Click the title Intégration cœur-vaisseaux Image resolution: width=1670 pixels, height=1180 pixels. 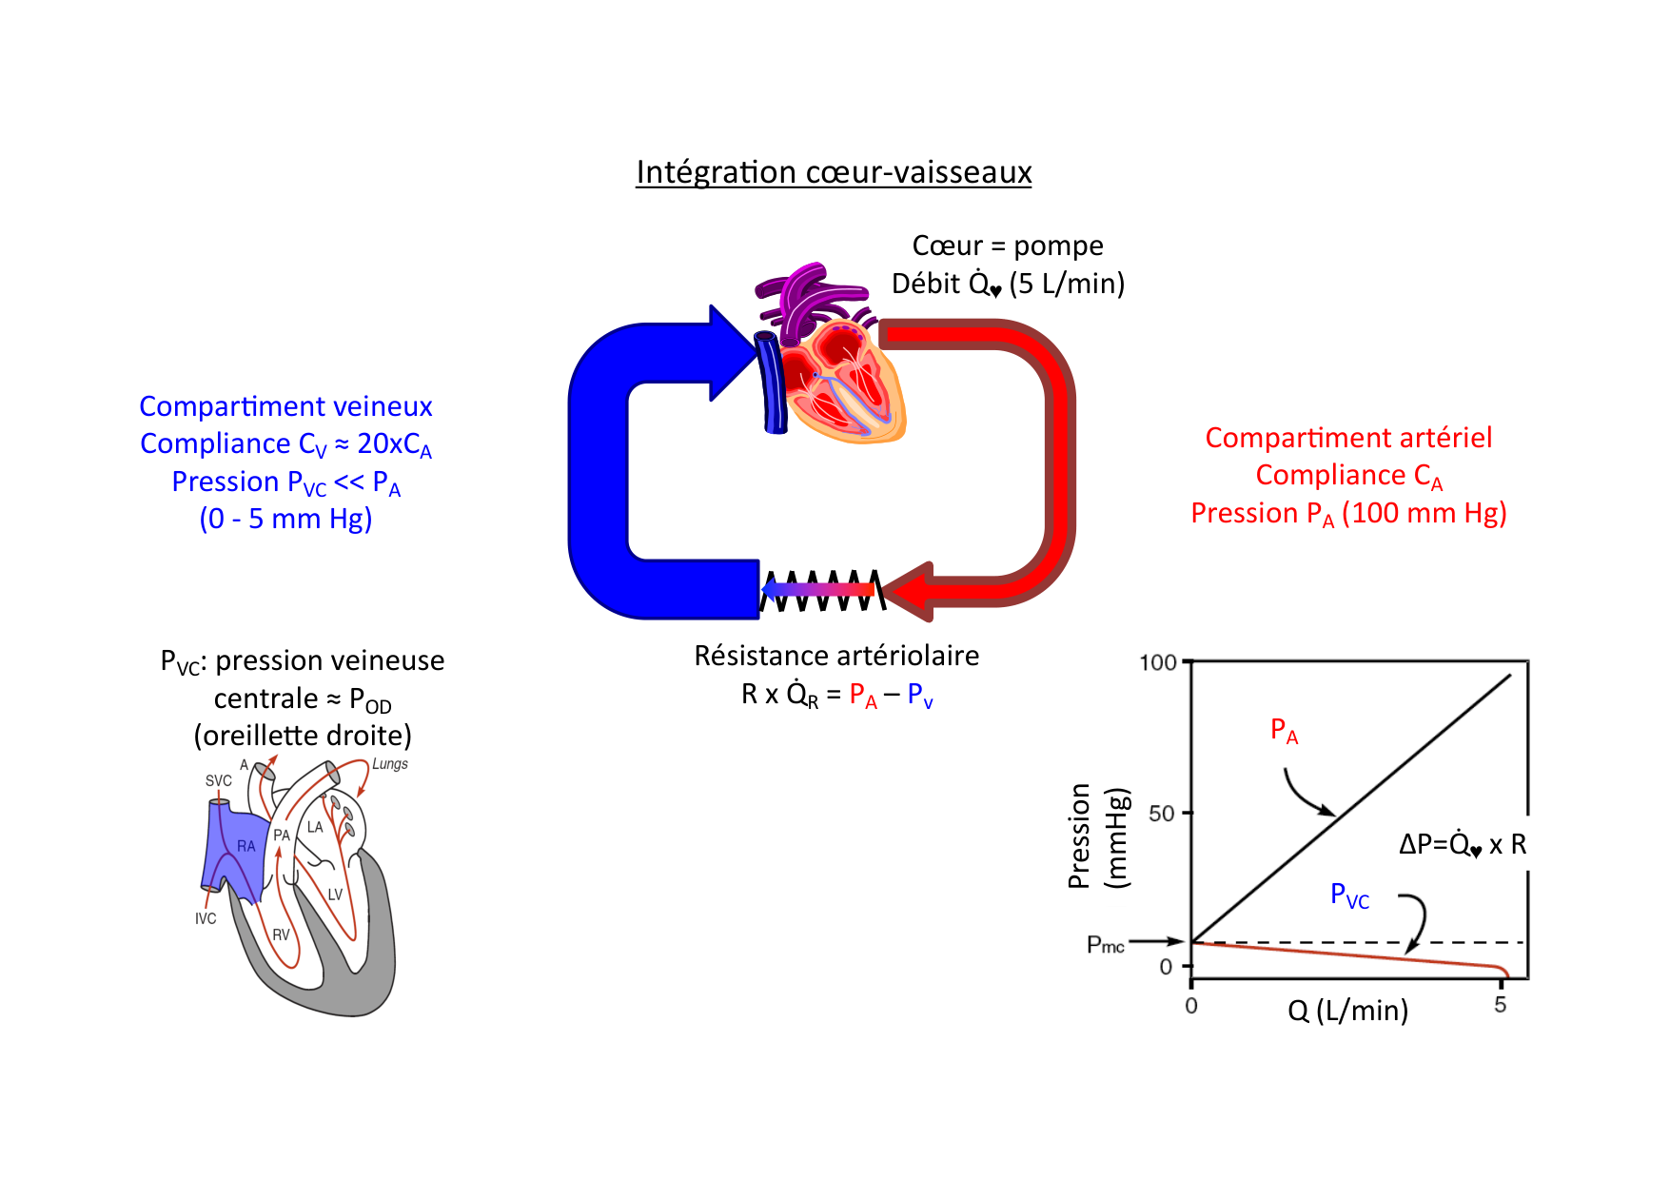coord(834,172)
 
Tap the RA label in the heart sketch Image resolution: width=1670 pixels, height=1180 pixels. coord(246,846)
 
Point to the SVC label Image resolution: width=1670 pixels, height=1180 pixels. coord(218,780)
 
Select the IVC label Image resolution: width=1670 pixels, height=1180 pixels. coord(206,918)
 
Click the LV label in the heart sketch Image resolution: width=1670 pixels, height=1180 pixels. coord(335,895)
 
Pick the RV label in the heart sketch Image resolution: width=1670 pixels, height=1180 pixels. coord(281,934)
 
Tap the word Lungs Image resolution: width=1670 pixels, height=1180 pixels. coord(389,764)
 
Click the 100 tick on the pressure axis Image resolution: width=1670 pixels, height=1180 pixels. coord(1158,662)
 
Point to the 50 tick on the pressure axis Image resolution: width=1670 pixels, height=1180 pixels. coord(1162,814)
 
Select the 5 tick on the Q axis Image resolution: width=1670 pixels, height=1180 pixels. coord(1501,1005)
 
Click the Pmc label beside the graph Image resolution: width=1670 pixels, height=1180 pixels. coord(1106,945)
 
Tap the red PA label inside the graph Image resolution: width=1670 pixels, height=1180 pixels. coord(1284,731)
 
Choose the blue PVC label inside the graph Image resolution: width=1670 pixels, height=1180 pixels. coord(1349,895)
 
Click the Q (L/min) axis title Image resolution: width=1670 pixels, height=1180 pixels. coord(1347,1010)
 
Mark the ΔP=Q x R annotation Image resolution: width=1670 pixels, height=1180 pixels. coord(1462,844)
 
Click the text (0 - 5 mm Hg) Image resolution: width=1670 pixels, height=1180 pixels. coord(285,519)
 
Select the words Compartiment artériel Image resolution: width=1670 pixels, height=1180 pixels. coord(1348,438)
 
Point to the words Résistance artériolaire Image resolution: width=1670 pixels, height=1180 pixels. coord(836,656)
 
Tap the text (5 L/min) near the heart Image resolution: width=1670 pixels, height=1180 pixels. coord(1067,284)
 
